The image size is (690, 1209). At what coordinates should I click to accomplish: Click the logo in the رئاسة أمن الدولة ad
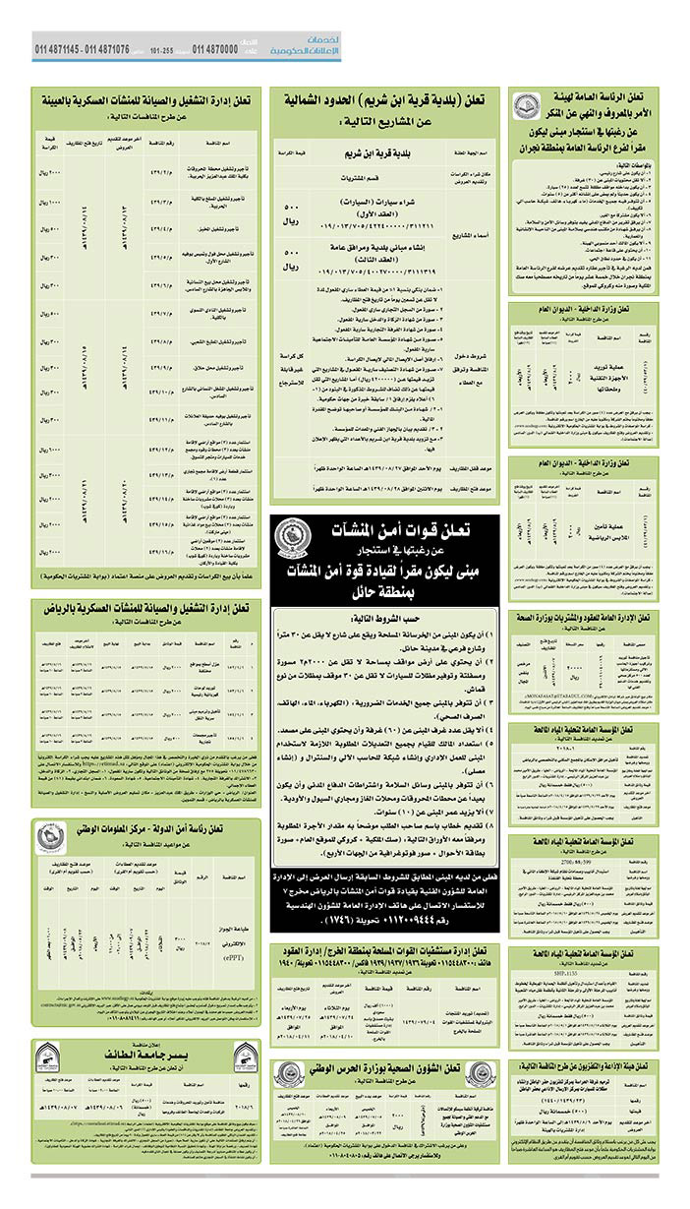click(51, 835)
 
